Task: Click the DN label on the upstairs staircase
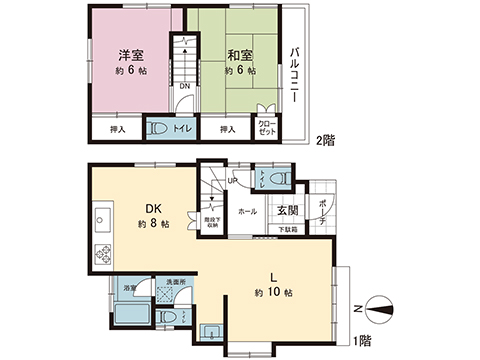click(184, 85)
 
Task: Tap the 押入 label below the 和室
click(227, 129)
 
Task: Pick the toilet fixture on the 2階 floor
click(159, 128)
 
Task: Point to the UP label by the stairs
click(232, 181)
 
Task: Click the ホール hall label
click(247, 212)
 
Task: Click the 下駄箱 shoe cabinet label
click(288, 231)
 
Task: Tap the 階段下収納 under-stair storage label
click(210, 224)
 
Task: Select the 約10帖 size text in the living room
click(273, 292)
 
